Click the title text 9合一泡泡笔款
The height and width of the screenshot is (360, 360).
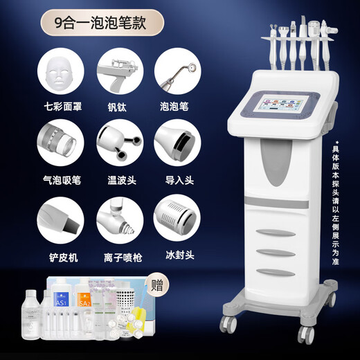tap(104, 20)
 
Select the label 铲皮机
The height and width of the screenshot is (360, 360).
tap(61, 256)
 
